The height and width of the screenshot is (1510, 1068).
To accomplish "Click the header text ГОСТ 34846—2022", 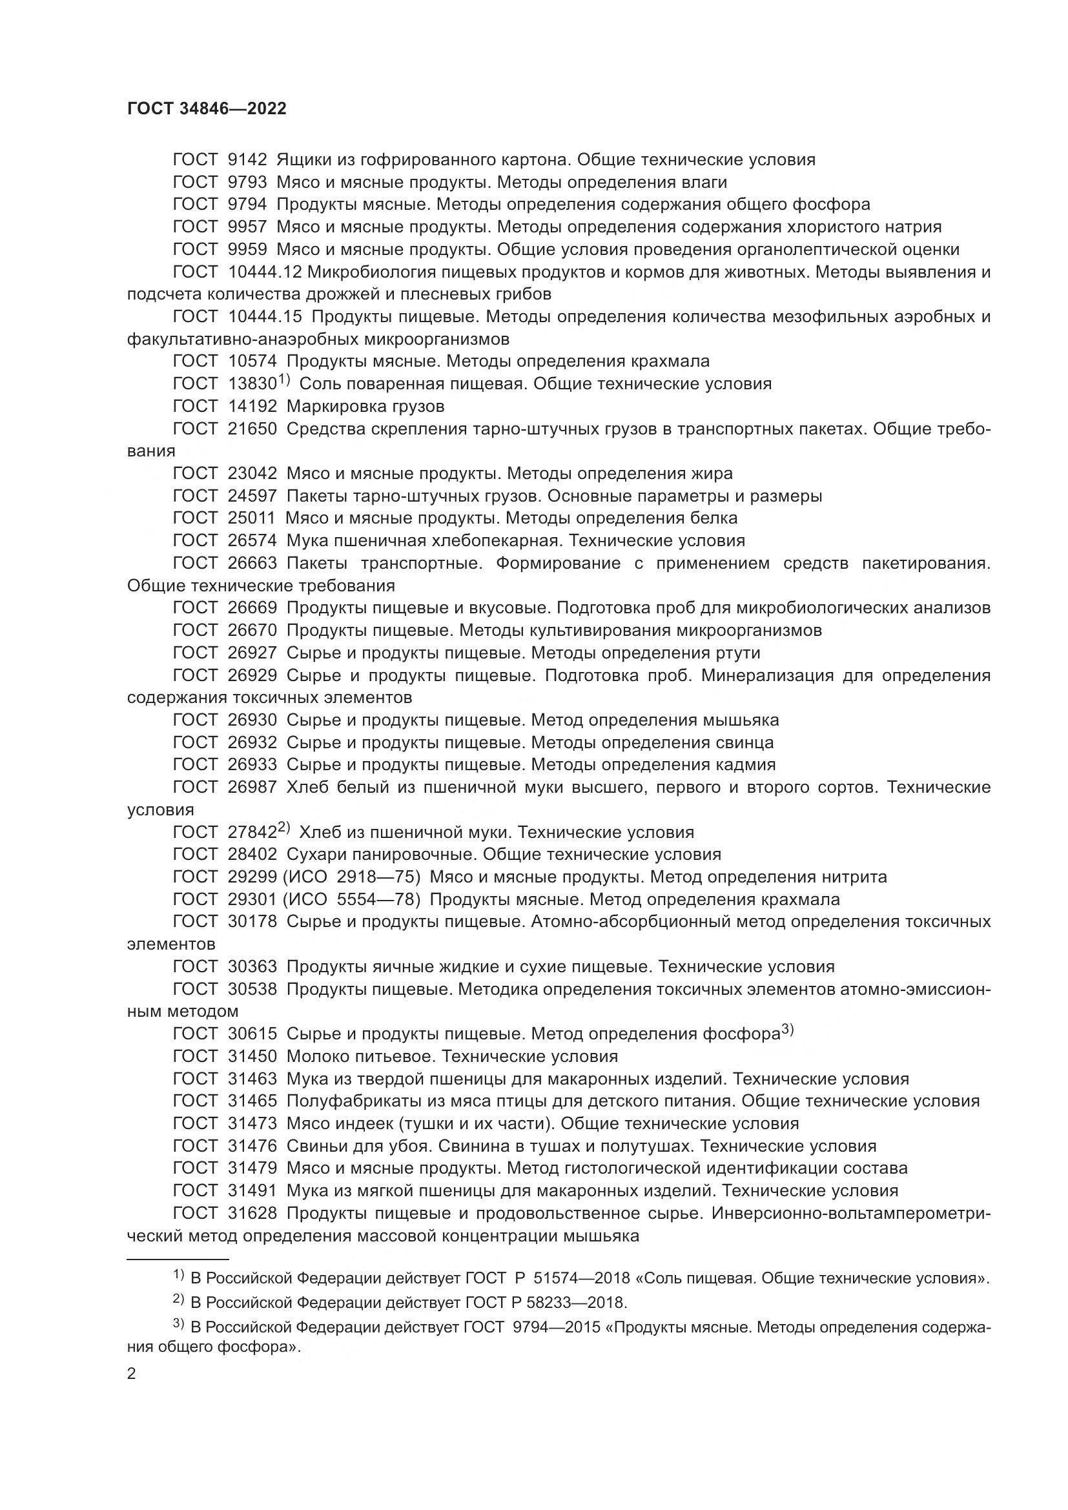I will pyautogui.click(x=207, y=109).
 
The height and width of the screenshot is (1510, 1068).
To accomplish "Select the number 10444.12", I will pyautogui.click(x=265, y=272).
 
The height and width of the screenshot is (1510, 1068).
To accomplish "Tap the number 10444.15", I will pyautogui.click(x=265, y=316).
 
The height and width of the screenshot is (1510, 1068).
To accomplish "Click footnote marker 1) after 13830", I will pyautogui.click(x=283, y=380).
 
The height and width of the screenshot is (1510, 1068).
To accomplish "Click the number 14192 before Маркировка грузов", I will pyautogui.click(x=252, y=406).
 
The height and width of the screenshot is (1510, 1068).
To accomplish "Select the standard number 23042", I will pyautogui.click(x=252, y=473).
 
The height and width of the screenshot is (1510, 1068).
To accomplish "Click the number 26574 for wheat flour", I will pyautogui.click(x=252, y=540).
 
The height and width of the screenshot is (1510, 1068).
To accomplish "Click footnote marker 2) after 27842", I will pyautogui.click(x=283, y=828).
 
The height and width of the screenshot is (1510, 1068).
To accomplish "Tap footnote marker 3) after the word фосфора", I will pyautogui.click(x=788, y=1030).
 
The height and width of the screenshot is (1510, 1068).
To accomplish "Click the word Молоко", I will pyautogui.click(x=316, y=1056).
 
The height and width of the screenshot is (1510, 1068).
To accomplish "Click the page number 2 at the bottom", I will pyautogui.click(x=132, y=1374).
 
